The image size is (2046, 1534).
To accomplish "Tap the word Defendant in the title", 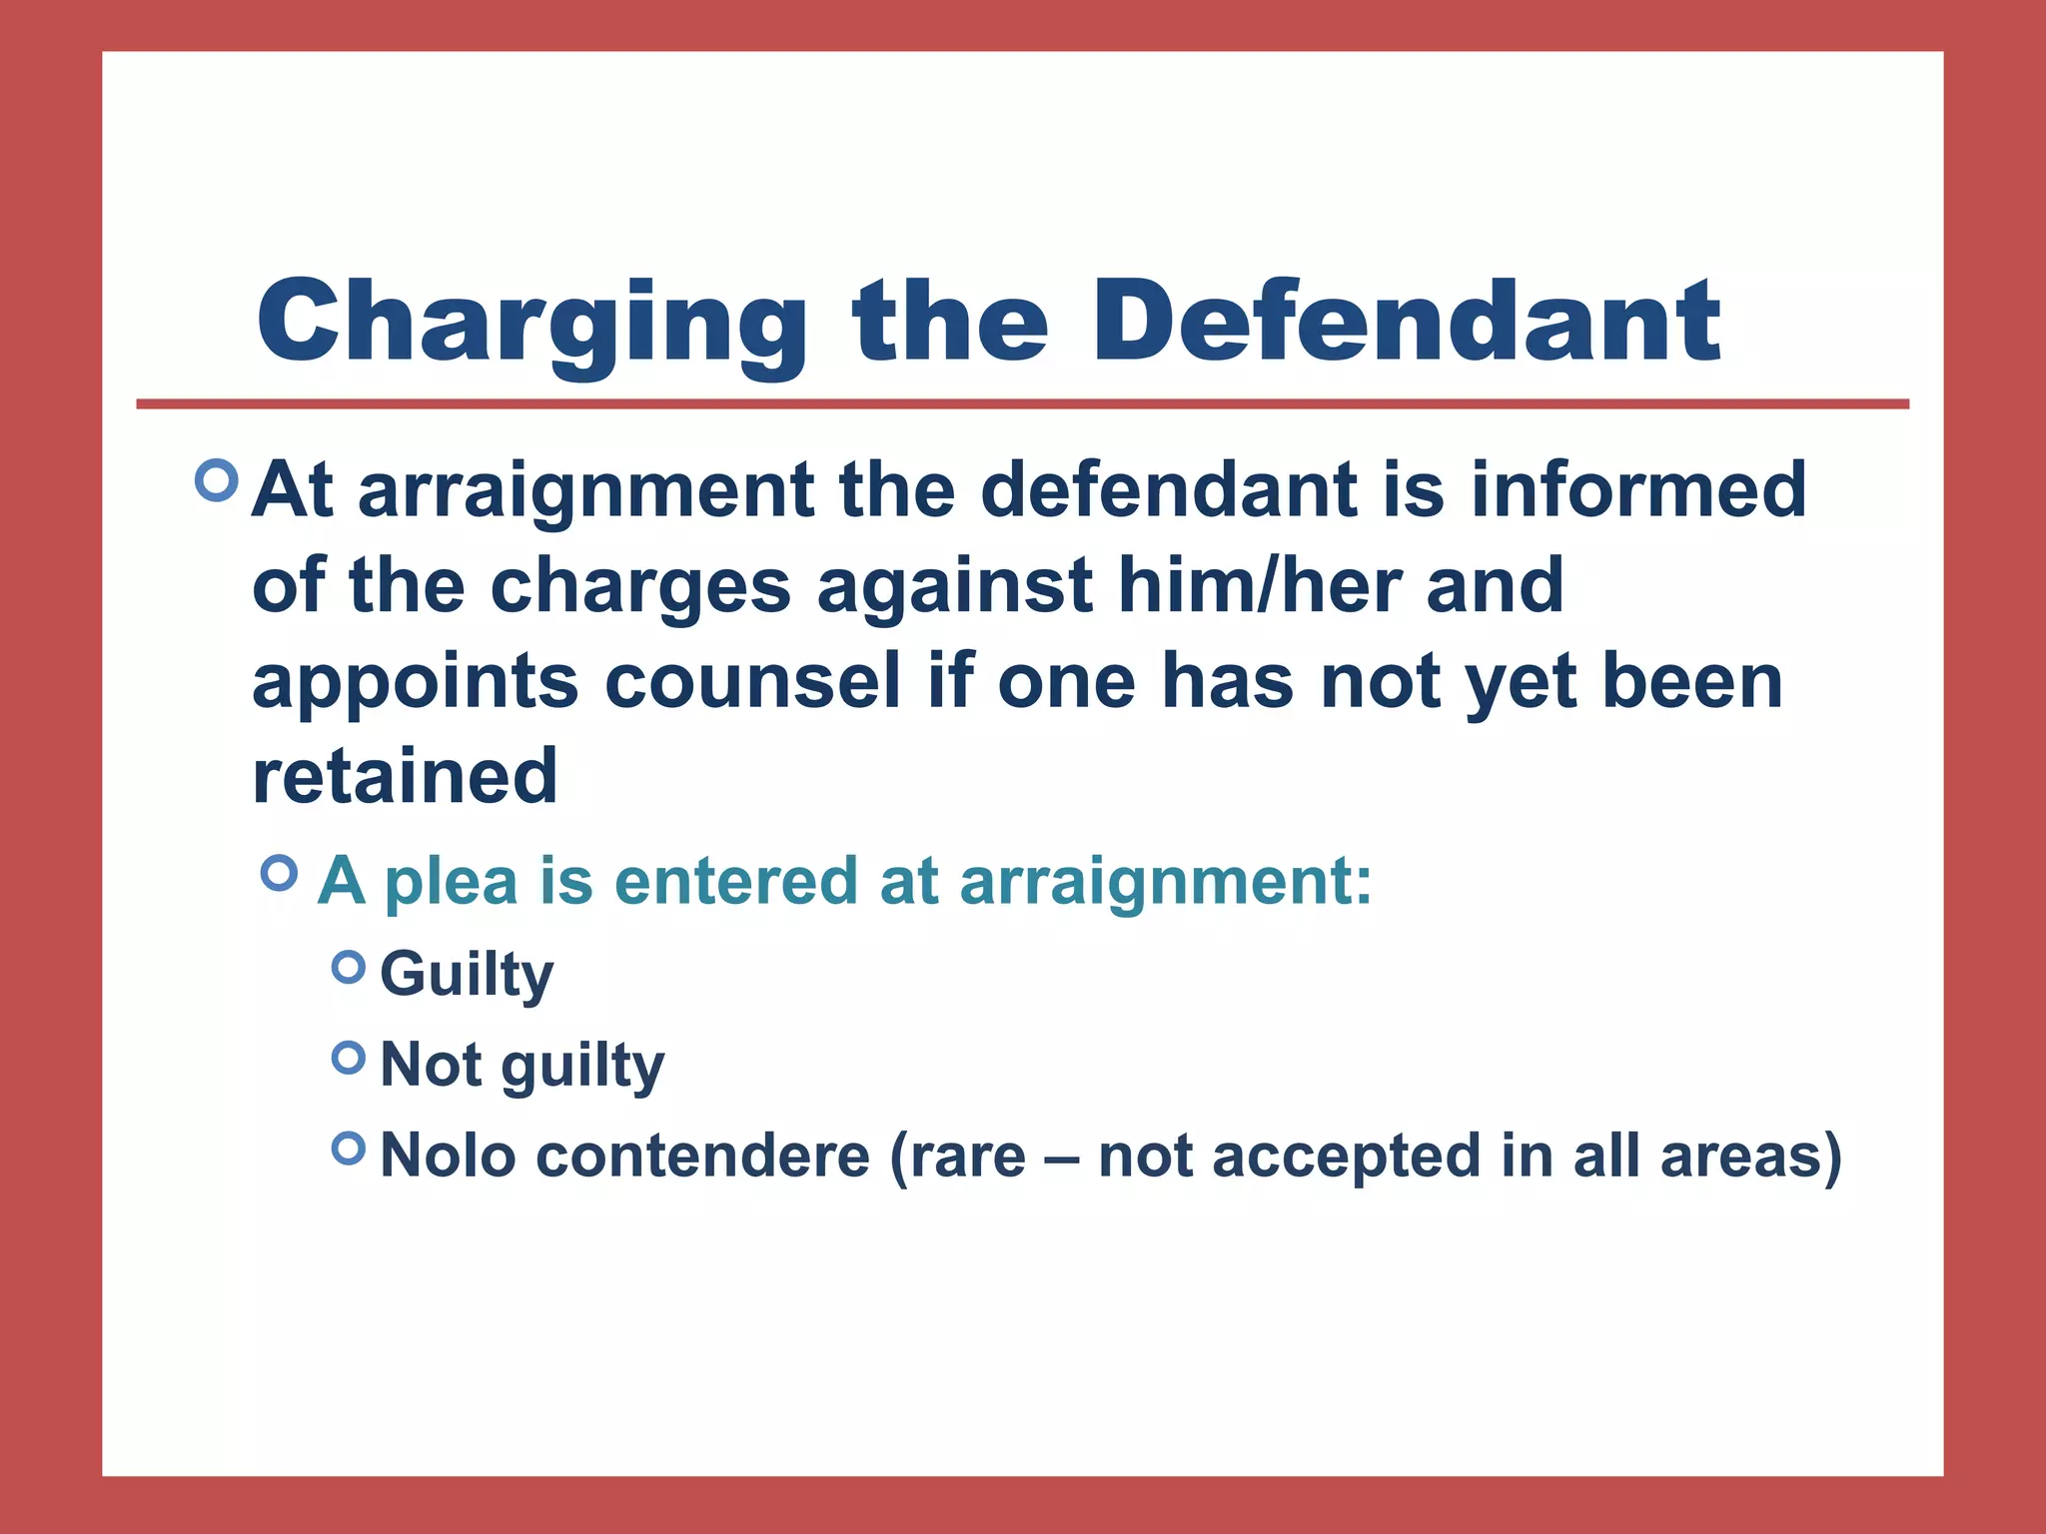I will [x=1407, y=322].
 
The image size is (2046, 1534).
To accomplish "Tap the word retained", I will [x=405, y=776].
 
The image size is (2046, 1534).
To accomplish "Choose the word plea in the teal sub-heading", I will [x=452, y=882].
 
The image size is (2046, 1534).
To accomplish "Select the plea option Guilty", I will [x=467, y=975].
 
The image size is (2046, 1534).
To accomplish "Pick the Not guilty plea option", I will [x=522, y=1066].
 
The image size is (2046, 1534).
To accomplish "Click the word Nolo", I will [x=448, y=1156].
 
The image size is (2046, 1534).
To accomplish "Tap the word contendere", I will [x=703, y=1156].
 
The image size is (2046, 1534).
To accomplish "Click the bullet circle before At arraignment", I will [x=217, y=480].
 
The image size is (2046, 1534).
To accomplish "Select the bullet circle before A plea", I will [x=279, y=874].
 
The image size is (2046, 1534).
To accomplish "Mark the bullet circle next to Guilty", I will [x=348, y=967].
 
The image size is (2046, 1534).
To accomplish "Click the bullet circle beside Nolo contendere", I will [x=348, y=1149].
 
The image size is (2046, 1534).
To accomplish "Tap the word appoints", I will [x=415, y=683].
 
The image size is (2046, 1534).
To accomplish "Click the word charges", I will [x=640, y=586].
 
